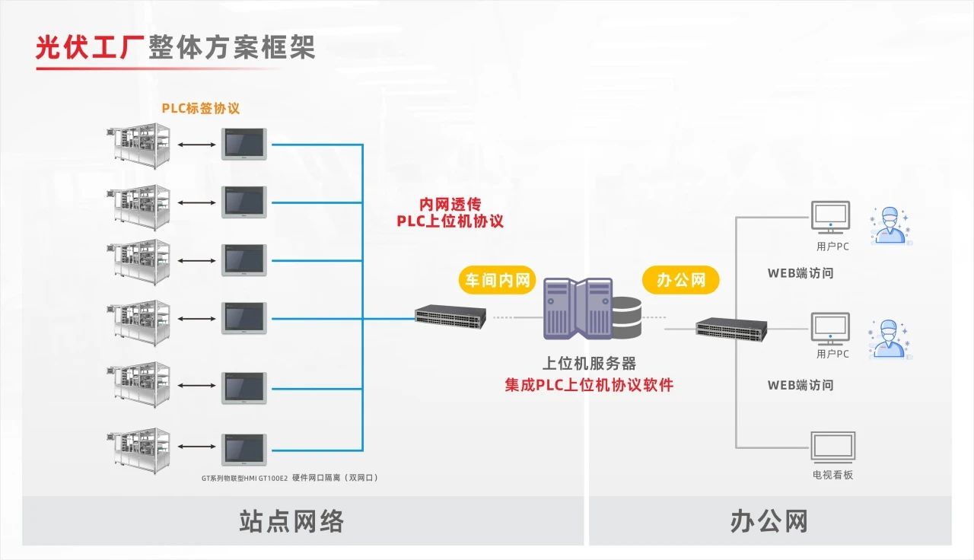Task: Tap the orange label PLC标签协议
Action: pyautogui.click(x=200, y=108)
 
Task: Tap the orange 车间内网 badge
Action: pyautogui.click(x=496, y=280)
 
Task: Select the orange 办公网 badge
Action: pyautogui.click(x=680, y=280)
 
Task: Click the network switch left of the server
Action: pyautogui.click(x=450, y=317)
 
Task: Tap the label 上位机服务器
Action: pyautogui.click(x=589, y=364)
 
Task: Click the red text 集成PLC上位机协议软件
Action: pyautogui.click(x=589, y=385)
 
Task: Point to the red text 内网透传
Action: pyautogui.click(x=450, y=204)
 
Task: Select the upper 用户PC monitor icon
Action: pyautogui.click(x=831, y=218)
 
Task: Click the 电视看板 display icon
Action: pyautogui.click(x=832, y=447)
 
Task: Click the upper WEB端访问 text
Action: pyautogui.click(x=800, y=272)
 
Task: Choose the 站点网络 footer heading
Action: pyautogui.click(x=291, y=522)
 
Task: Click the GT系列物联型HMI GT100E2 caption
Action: pyautogui.click(x=290, y=478)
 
